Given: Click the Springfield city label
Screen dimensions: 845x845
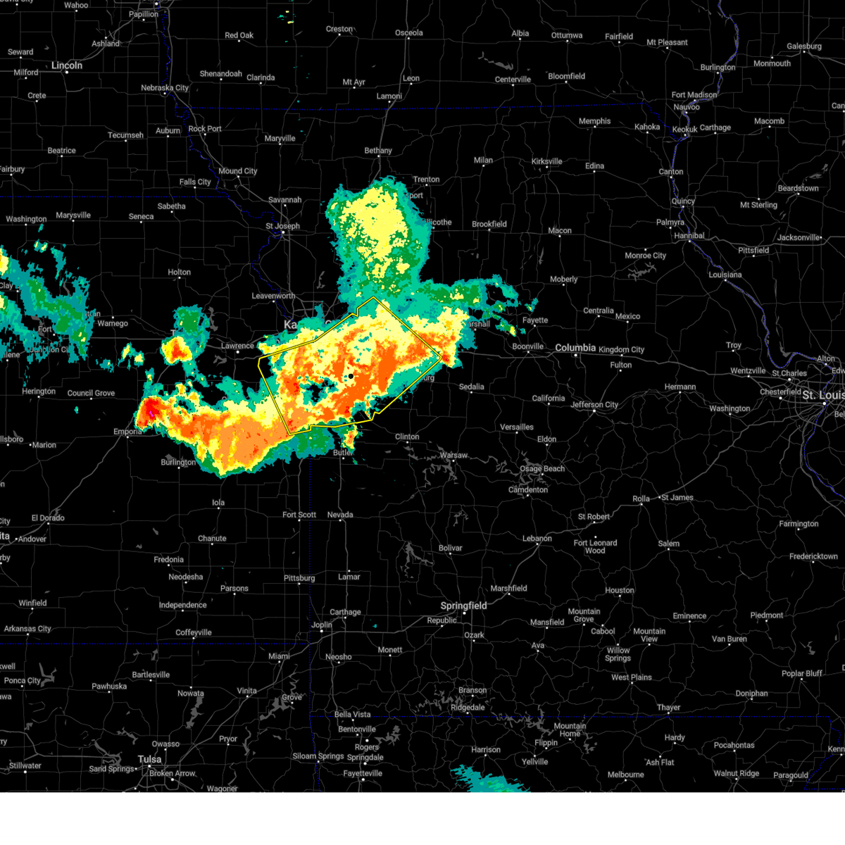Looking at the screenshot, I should (463, 606).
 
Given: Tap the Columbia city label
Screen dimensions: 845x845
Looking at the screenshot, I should (575, 348).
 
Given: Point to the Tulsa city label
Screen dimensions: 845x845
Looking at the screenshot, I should (149, 759).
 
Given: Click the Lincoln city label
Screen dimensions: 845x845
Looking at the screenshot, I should (67, 65).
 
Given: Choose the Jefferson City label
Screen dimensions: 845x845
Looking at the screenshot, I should (594, 405).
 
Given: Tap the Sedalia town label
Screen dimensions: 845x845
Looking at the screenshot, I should (471, 387).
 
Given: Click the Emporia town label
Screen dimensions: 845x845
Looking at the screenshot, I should (127, 432).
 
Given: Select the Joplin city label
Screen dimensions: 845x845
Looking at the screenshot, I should (322, 625).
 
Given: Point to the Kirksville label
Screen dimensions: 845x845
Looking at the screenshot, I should (546, 161).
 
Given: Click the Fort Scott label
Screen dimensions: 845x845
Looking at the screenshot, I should (299, 515).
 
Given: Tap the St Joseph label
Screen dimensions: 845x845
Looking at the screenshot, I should (282, 226).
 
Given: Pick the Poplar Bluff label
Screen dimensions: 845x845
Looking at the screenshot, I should (801, 673).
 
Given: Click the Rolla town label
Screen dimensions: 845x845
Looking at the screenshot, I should (641, 499).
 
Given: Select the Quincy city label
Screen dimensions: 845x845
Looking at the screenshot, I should (683, 201).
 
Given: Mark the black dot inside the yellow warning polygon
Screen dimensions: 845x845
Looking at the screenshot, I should (351, 376).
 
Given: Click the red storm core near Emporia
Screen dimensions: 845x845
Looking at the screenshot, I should (150, 411).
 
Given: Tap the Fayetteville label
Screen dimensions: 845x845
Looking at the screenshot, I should (363, 773).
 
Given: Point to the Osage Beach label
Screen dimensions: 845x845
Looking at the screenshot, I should (542, 469).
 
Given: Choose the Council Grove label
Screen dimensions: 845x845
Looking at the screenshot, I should (91, 393).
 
